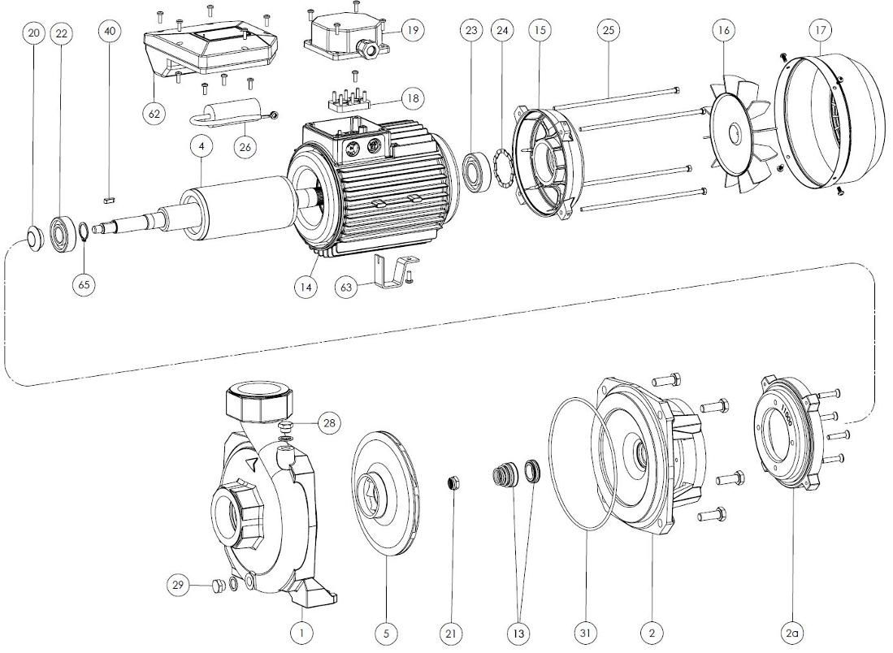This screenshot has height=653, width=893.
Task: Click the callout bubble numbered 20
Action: pyautogui.click(x=33, y=32)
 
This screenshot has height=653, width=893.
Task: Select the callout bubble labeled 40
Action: pyautogui.click(x=111, y=31)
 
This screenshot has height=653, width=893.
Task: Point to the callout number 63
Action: pyautogui.click(x=347, y=288)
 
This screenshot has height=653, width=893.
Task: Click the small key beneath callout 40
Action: pyautogui.click(x=111, y=198)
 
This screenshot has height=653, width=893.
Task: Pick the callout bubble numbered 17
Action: pyautogui.click(x=821, y=31)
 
